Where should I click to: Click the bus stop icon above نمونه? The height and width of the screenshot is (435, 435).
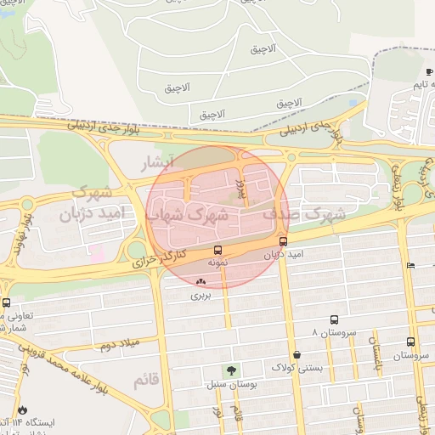tap(218, 251)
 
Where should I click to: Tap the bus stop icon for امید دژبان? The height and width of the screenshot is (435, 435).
tap(283, 241)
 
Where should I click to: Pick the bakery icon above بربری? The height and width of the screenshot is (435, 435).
tap(201, 281)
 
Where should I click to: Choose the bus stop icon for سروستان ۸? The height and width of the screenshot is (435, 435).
tap(334, 320)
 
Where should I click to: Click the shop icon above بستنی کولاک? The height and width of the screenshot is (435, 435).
tap(297, 354)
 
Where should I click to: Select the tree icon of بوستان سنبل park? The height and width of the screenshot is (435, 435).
tap(230, 370)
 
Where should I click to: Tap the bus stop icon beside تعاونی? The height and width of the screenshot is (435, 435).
tap(7, 302)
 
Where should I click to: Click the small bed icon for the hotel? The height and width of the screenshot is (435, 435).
tap(410, 266)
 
